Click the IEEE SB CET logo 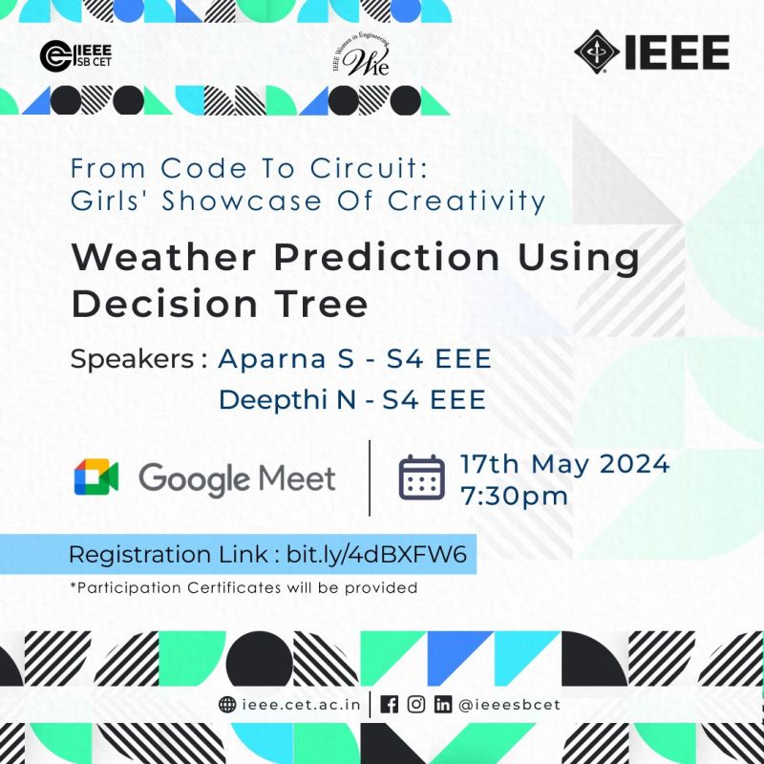[x=76, y=56]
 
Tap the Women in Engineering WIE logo [x=361, y=56]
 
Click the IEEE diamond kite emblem [x=597, y=53]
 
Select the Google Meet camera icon [x=96, y=477]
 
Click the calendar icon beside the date [x=421, y=477]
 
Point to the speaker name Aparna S [x=286, y=359]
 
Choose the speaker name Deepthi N [x=287, y=399]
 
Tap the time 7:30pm [x=515, y=497]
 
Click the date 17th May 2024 [x=565, y=464]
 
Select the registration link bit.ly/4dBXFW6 [x=376, y=555]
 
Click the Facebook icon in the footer [x=389, y=705]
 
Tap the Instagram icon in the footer [x=416, y=705]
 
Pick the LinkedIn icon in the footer [x=443, y=705]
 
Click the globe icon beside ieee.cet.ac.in [x=227, y=705]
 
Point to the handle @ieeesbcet [x=509, y=705]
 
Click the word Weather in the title [x=163, y=257]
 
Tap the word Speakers [x=133, y=359]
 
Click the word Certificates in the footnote [x=234, y=587]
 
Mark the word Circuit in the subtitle [x=369, y=169]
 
